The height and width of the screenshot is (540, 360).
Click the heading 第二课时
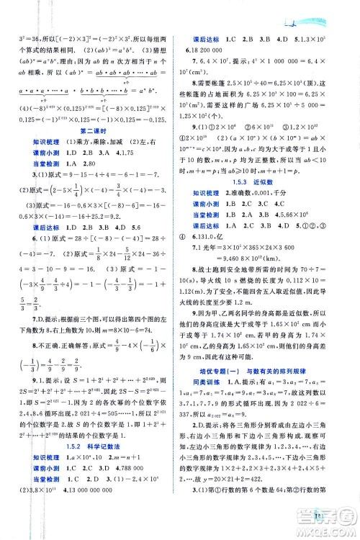click(x=95, y=130)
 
